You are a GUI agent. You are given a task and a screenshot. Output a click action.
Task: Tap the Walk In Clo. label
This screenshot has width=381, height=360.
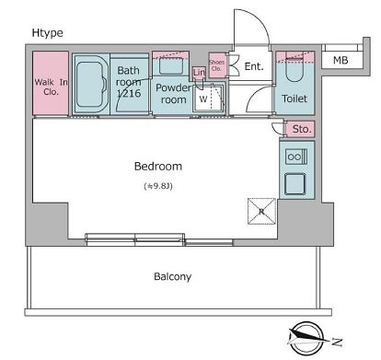click(x=51, y=87)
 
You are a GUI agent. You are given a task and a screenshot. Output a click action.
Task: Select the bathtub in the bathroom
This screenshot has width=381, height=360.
click(x=89, y=85)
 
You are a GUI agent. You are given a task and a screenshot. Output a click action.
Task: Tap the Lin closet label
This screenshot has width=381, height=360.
click(x=200, y=74)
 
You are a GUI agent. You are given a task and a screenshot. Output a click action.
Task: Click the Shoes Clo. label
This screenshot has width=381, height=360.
click(x=216, y=64)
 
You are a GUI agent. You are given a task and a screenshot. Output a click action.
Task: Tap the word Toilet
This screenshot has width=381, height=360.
click(x=295, y=99)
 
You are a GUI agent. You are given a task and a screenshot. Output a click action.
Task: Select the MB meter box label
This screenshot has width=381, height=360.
click(x=340, y=62)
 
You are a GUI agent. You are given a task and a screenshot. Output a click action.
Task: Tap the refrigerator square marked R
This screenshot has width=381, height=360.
click(x=260, y=210)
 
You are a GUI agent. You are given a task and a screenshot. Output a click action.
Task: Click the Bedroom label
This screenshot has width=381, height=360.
click(x=158, y=167)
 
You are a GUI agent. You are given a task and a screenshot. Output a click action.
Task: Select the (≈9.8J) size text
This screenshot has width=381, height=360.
click(x=159, y=187)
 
